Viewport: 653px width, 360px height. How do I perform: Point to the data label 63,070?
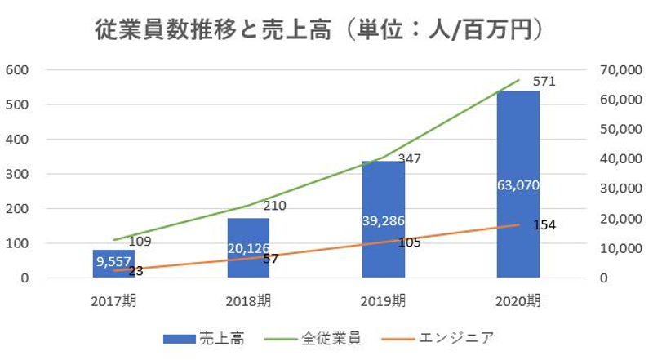(x=518, y=185)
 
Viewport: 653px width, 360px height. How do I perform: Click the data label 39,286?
(x=384, y=221)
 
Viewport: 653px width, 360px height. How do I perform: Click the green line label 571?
(x=544, y=82)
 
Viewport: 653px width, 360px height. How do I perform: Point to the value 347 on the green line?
(x=409, y=158)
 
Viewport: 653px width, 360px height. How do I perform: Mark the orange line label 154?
(x=544, y=225)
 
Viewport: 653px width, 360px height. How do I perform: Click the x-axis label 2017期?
(x=113, y=300)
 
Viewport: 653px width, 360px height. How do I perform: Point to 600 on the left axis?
(x=18, y=70)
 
